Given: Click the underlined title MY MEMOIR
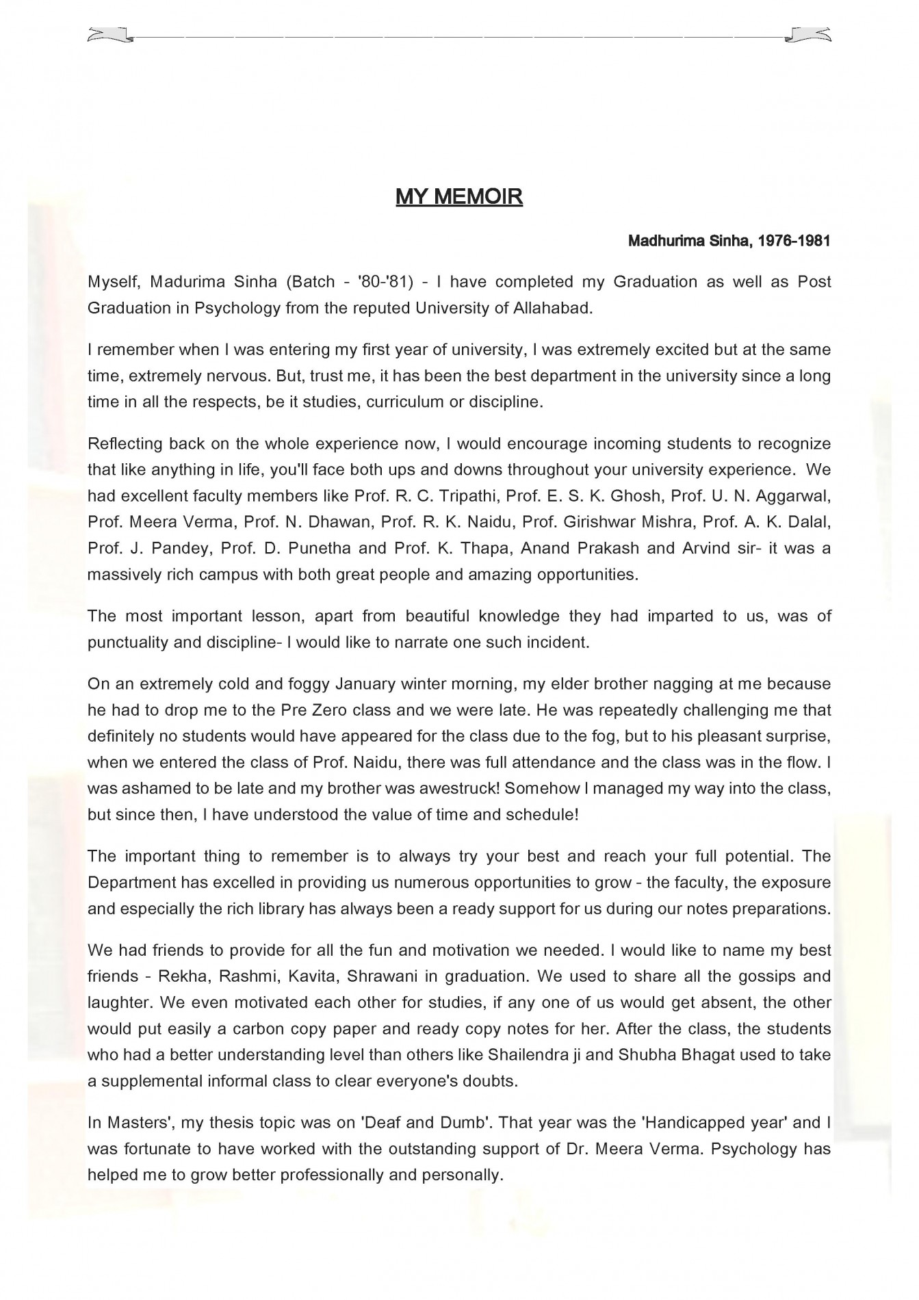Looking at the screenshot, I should pos(459,197).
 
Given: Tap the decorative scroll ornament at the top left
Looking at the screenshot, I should pos(108,35).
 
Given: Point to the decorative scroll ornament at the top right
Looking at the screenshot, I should pos(810,35).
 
